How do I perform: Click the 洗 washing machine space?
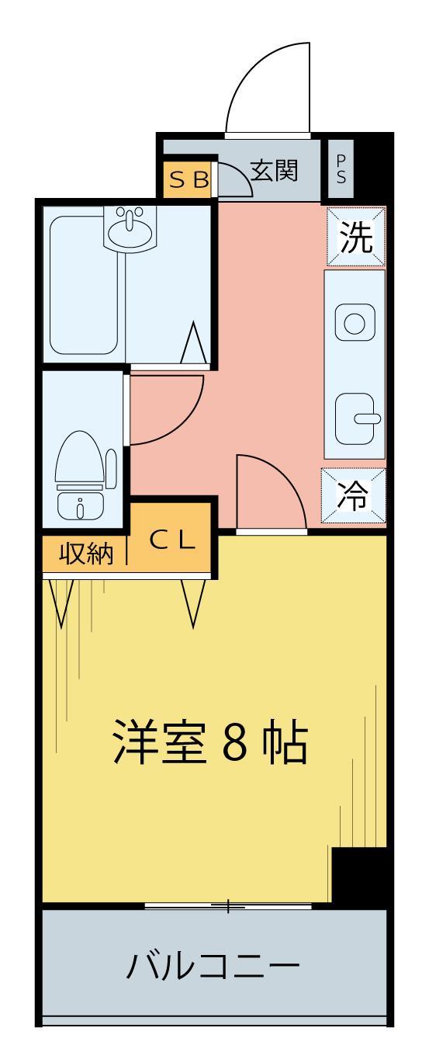355,237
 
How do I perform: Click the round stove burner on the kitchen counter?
354,322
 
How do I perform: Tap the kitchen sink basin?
355,419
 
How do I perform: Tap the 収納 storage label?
83,554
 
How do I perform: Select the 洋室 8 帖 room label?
209,743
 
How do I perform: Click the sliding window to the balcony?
228,905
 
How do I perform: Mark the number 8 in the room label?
237,744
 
